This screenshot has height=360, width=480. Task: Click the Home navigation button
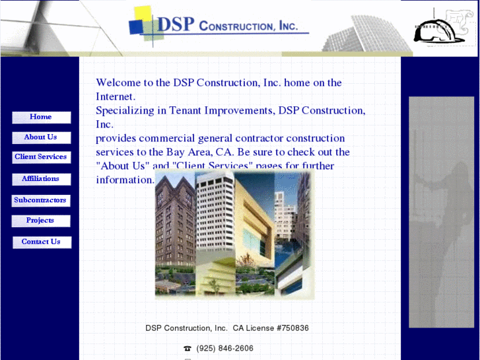41,118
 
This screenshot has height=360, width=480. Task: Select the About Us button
41,137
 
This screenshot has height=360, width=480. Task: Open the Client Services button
41,157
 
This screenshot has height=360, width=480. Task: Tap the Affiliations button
41,179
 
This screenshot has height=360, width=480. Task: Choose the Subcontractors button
41,200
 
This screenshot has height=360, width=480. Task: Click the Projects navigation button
41,221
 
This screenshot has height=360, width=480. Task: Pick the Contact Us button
41,242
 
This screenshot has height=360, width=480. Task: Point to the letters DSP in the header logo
176,24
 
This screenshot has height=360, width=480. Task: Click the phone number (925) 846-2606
224,348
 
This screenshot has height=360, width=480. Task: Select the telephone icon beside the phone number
188,349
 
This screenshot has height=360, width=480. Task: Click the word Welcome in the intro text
119,83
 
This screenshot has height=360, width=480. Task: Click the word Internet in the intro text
116,96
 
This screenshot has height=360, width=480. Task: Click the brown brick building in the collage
173,225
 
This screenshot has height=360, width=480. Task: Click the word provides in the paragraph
116,138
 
